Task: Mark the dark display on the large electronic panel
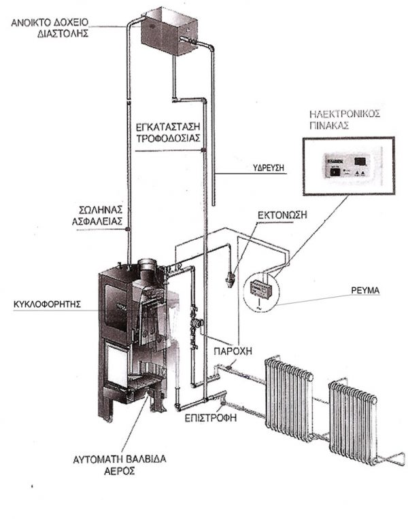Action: click(x=361, y=161)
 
